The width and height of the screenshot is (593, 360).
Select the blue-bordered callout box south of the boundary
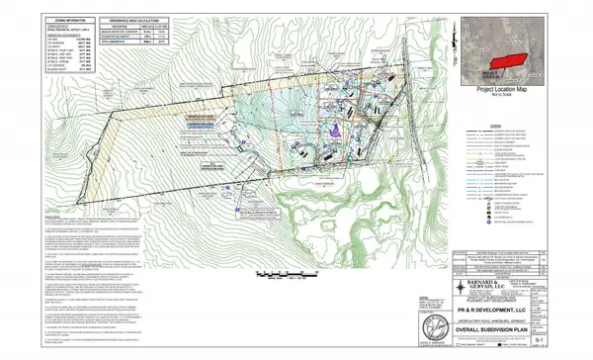click(x=256, y=211)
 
